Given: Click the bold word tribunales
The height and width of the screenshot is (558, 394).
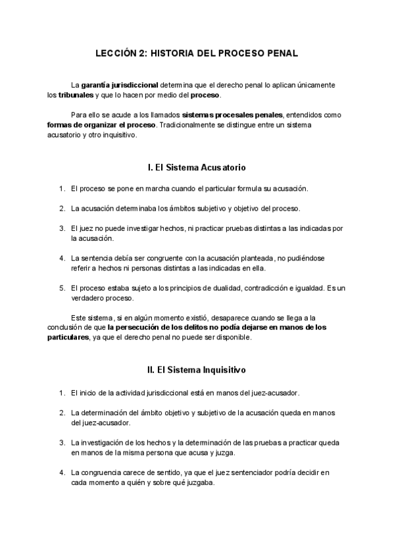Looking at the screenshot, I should click(x=76, y=95).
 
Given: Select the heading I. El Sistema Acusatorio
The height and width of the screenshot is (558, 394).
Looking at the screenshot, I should click(x=197, y=168).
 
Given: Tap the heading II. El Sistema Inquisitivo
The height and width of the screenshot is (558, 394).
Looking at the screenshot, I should click(x=197, y=371).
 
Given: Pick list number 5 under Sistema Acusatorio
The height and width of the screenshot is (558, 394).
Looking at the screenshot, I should click(x=61, y=288).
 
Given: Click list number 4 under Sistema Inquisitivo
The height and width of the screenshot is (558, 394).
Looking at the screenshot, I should click(x=61, y=472).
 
